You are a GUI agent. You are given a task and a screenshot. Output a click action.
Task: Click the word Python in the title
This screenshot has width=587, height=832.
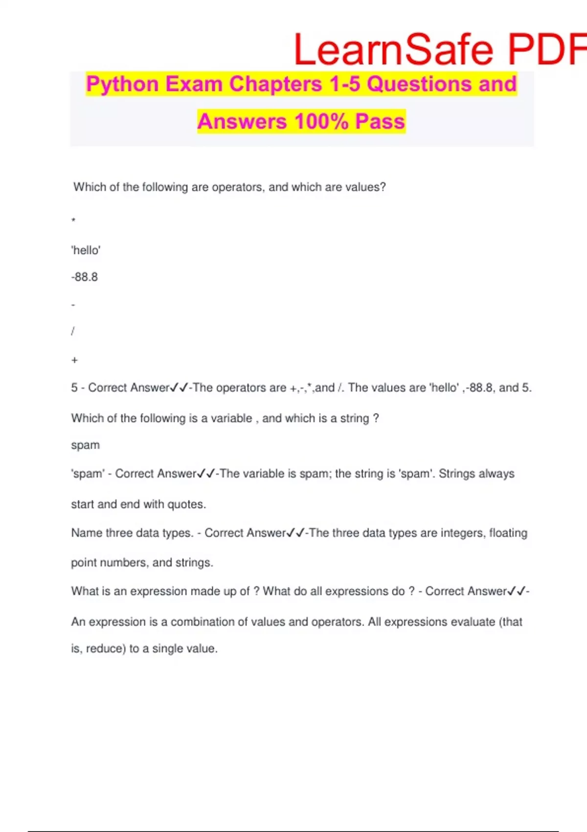click(122, 84)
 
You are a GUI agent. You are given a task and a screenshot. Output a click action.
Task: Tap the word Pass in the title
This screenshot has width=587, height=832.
click(380, 121)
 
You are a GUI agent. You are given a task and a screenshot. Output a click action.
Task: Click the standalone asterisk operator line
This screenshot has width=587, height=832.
click(73, 220)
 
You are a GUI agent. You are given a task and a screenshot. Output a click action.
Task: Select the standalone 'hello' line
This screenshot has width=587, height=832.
click(86, 251)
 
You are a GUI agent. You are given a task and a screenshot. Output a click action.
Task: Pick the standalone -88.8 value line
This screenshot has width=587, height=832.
click(85, 277)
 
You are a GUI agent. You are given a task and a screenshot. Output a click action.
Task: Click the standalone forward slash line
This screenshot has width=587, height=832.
click(73, 331)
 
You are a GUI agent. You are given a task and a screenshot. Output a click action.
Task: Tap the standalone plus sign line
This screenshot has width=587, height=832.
click(74, 360)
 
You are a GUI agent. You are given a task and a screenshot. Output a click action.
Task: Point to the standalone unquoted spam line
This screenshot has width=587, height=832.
click(85, 445)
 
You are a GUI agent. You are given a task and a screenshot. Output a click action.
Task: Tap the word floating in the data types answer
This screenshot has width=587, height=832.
click(508, 533)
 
